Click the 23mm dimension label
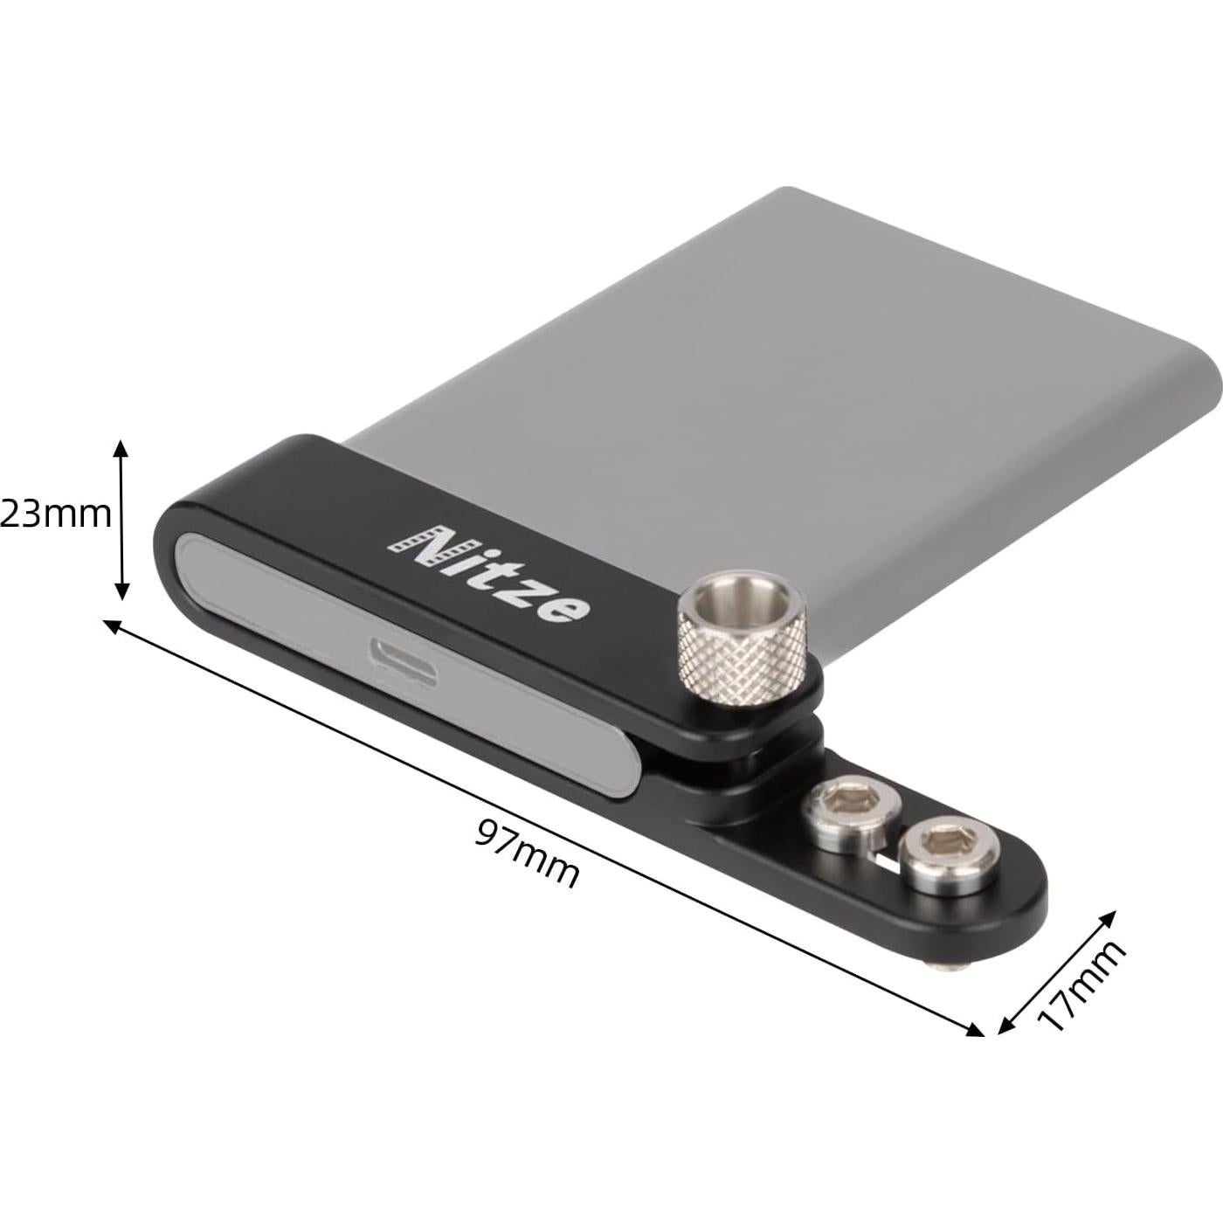[56, 515]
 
